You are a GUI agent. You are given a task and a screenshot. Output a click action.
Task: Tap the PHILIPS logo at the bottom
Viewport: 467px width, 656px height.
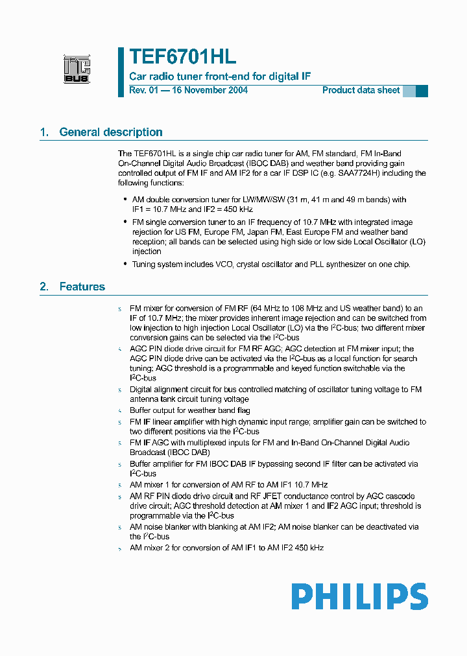click(359, 596)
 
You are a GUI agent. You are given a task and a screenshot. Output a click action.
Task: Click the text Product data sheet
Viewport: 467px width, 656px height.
click(361, 90)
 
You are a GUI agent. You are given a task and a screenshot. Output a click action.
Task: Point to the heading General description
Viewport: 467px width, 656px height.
click(111, 132)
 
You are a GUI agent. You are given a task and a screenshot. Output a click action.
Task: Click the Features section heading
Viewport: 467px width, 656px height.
click(82, 287)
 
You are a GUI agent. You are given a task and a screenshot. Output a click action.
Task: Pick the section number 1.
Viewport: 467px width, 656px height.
click(44, 132)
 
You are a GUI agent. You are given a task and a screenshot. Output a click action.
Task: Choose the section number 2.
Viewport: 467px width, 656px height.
click(44, 287)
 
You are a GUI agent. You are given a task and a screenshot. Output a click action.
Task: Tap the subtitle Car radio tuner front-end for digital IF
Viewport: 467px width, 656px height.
click(220, 76)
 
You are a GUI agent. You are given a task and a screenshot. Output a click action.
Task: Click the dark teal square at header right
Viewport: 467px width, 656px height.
click(422, 91)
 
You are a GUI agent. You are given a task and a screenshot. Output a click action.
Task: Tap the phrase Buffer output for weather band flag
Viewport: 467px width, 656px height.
click(189, 410)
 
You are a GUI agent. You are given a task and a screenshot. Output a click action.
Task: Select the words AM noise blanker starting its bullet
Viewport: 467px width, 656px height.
click(158, 527)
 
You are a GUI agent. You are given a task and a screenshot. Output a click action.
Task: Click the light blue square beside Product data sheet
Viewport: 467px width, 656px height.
click(409, 91)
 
